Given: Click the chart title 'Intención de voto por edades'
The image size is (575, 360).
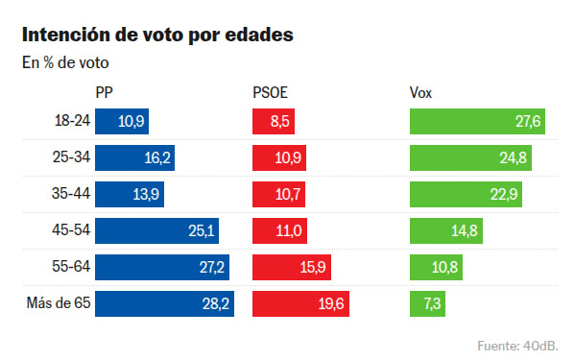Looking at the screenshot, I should pos(157,36).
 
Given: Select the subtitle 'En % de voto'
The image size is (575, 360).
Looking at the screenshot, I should pos(65,64).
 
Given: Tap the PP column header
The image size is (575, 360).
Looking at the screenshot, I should pos(106,93).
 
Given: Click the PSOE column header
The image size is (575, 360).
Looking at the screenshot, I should pos(270,93).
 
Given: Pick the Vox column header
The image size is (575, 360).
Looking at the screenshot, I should pos(420,93).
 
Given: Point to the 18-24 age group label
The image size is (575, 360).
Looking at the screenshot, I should pos(71,121).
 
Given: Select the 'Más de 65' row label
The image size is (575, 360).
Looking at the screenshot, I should pos(59,304).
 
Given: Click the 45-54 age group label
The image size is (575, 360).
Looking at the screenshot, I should pos(71,231).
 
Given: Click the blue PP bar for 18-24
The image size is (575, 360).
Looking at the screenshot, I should pos(122,121).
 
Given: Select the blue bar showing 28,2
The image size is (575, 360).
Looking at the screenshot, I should pos(164,304).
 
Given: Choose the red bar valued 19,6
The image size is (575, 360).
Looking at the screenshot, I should pos(300,304).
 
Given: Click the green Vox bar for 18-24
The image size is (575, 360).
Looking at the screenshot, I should pos(477,121).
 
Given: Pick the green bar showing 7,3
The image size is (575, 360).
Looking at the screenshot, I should pos(427,304).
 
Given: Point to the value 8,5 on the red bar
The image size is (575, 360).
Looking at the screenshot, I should pos(278,122).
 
